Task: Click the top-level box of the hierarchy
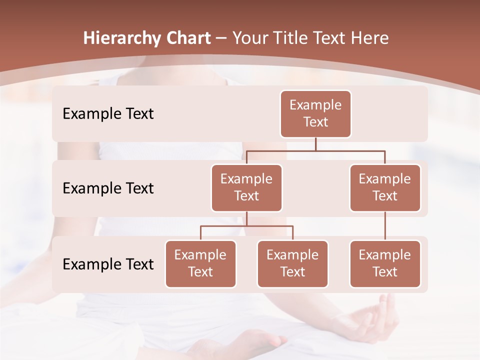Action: [315, 114]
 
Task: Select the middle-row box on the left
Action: [246, 188]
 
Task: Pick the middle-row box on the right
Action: [385, 188]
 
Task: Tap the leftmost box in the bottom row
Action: [200, 264]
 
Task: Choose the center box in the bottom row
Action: [292, 264]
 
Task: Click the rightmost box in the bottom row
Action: [385, 264]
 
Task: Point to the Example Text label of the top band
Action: [108, 114]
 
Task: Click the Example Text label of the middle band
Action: [108, 188]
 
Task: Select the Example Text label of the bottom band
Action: [108, 264]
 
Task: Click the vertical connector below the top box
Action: [315, 144]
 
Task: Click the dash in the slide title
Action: [221, 38]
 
